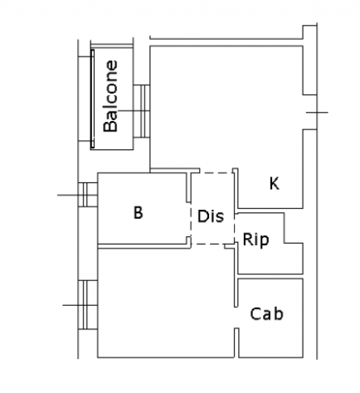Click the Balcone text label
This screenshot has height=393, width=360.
tap(110, 96)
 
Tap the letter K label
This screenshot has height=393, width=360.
tap(275, 183)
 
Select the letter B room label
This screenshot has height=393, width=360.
tap(139, 213)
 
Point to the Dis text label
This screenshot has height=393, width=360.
tap(211, 216)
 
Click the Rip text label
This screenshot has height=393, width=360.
tap(255, 240)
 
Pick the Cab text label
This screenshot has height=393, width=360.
tap(267, 314)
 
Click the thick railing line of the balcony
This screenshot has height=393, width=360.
tap(93, 99)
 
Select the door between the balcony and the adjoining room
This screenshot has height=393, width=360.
tap(142, 111)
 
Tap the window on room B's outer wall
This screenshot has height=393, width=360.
tap(88, 195)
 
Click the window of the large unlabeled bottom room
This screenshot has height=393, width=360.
tap(88, 305)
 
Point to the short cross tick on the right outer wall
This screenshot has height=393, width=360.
tap(317, 113)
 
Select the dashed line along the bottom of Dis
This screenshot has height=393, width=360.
tap(207, 244)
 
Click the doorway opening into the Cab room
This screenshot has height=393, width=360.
tap(236, 318)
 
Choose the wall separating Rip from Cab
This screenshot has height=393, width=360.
tap(270, 276)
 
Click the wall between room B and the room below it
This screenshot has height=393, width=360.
tap(144, 246)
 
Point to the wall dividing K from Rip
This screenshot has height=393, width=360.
tap(270, 211)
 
